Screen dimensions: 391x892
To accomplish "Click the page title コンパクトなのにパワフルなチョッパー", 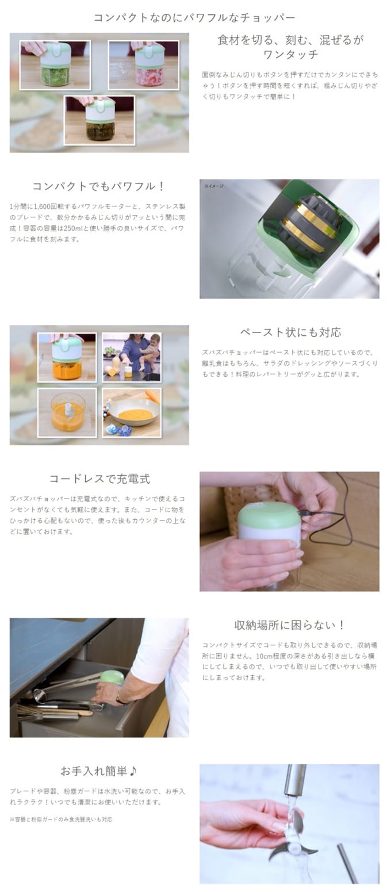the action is coord(194,17).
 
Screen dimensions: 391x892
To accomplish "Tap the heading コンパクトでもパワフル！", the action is coord(98,186).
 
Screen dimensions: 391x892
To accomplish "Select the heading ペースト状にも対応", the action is coord(290,332).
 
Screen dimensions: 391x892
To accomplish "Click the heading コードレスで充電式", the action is coord(99,478).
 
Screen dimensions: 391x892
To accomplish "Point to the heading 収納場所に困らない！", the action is coord(289,625).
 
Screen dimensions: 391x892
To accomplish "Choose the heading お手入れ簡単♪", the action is coord(98,771).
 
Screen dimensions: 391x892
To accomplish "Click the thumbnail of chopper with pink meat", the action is coord(143,65).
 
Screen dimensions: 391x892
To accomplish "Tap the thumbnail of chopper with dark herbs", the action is coord(99,120).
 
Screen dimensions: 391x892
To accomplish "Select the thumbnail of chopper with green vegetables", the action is coord(55,65).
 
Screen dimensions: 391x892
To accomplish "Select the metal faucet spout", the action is coord(294,780).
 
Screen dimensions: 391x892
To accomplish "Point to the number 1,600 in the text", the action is coord(42,206).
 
